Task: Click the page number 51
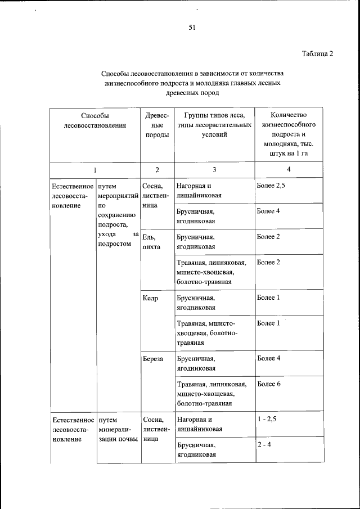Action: (x=192, y=27)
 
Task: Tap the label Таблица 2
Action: (x=317, y=54)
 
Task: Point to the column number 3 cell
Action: (x=214, y=170)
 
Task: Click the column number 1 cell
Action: (x=94, y=170)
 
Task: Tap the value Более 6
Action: (x=268, y=384)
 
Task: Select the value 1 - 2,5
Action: (x=268, y=419)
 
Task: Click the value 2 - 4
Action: (x=263, y=444)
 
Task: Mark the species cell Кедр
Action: (x=150, y=298)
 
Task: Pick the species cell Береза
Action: (x=153, y=358)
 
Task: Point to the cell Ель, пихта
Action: (x=152, y=242)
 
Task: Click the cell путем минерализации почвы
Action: (x=117, y=429)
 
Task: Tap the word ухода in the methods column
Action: (x=106, y=235)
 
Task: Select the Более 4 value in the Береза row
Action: (x=268, y=358)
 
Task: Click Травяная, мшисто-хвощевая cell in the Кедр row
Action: (x=207, y=332)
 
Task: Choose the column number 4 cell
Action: (x=289, y=170)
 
